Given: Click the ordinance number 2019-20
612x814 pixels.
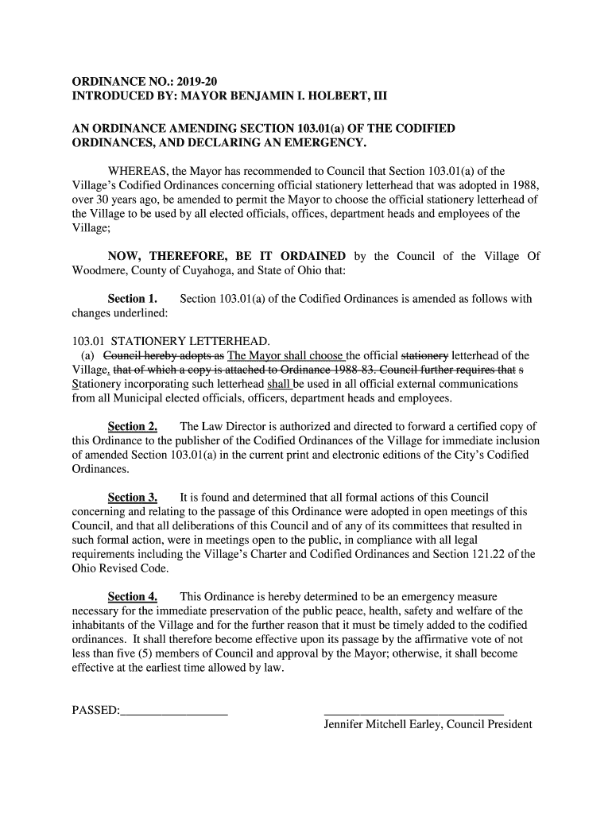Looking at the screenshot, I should tap(195, 82).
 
